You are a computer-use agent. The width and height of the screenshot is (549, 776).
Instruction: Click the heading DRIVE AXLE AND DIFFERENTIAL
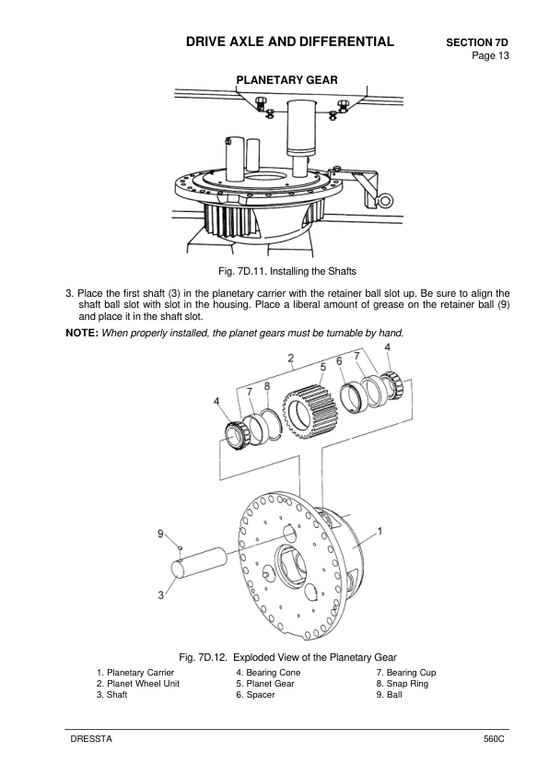click(x=289, y=41)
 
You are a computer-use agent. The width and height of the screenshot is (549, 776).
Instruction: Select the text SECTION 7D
click(x=477, y=43)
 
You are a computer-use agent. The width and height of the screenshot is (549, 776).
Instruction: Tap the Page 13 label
click(x=489, y=57)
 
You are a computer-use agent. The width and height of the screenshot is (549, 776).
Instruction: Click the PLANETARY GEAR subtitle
click(x=287, y=80)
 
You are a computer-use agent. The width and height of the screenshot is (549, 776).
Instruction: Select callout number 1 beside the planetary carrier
click(x=380, y=532)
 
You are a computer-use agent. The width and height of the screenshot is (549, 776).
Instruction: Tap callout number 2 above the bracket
click(x=290, y=358)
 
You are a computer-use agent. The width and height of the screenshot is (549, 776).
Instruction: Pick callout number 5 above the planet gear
click(x=322, y=367)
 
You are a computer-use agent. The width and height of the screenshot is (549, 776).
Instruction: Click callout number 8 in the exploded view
click(x=266, y=385)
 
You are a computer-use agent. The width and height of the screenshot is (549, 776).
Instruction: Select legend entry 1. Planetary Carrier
click(x=135, y=673)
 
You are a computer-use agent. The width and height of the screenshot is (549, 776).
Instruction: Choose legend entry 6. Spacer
click(x=255, y=695)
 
